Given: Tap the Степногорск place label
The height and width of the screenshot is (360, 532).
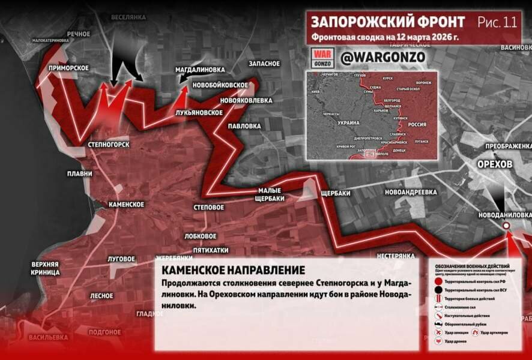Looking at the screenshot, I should coord(108,145).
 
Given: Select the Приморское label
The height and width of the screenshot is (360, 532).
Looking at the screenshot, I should coord(69,68).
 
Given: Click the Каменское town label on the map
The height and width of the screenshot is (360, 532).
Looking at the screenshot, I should coord(125,205).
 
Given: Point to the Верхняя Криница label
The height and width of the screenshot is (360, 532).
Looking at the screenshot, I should coord(46,268).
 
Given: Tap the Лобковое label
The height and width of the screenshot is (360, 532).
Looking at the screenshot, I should coord(201,236).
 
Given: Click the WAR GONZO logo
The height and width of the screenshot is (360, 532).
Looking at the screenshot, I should coord(322,57).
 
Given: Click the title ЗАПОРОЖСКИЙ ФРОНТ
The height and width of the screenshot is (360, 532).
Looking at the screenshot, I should coord(387,22).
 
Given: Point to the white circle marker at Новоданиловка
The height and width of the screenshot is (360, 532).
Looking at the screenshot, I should coord(506,226).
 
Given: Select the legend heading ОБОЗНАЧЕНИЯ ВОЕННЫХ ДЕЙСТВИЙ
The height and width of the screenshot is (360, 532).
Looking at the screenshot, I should coord(473,266).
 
